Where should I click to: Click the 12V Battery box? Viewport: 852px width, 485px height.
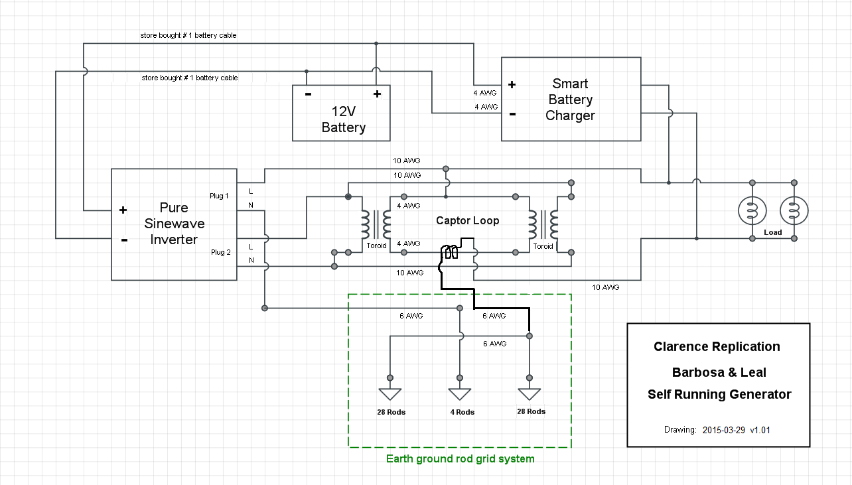(x=341, y=113)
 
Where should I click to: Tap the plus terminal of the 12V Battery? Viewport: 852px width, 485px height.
(x=377, y=94)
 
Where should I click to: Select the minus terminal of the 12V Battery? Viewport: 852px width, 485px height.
(x=308, y=94)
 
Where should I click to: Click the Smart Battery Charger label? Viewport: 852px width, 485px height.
(x=570, y=100)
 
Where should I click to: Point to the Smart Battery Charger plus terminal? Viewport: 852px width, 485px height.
(x=512, y=84)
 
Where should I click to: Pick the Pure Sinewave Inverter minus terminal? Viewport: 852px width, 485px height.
(x=124, y=240)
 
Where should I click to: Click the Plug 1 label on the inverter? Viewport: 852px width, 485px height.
(x=219, y=196)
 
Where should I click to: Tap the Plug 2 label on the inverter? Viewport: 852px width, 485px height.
(x=220, y=252)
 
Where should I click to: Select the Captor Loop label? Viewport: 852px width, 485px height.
(x=467, y=221)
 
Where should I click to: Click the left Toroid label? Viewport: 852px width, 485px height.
(x=376, y=245)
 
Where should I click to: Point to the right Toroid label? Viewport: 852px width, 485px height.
(x=543, y=246)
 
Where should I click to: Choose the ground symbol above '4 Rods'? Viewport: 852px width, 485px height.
(x=460, y=394)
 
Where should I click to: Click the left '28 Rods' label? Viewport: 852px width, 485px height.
(x=391, y=412)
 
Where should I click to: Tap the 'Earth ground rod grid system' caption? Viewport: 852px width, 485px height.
(x=461, y=458)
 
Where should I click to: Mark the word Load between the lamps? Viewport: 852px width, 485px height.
(x=773, y=232)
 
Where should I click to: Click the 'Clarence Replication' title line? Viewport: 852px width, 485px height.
(x=717, y=346)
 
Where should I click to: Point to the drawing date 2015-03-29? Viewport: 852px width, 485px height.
(x=724, y=430)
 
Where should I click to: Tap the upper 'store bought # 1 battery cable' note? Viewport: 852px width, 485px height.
(x=188, y=35)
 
